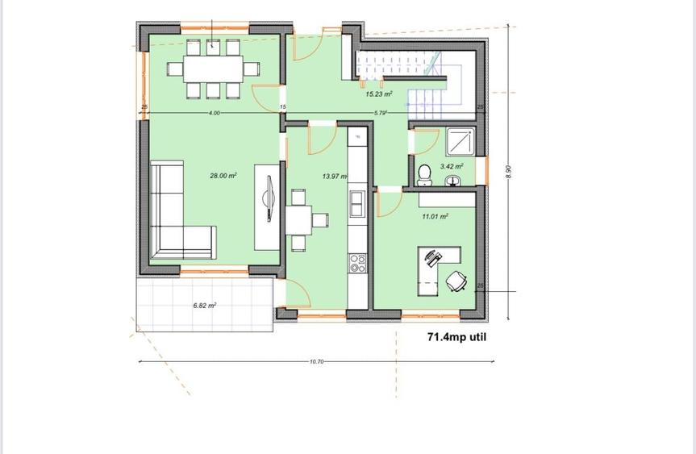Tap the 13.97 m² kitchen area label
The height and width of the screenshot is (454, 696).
tap(334, 176)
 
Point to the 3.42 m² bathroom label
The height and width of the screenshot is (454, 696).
tap(452, 167)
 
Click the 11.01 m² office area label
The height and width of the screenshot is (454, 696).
tap(435, 216)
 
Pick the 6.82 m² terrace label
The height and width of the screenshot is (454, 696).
tap(204, 306)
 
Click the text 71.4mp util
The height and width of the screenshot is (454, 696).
tap(456, 338)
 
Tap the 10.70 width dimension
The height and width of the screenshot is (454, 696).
tap(316, 362)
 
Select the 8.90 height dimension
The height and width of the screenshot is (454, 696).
tap(508, 173)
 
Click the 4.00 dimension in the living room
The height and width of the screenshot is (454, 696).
tap(214, 113)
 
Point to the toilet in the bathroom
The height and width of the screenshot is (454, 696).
tap(425, 175)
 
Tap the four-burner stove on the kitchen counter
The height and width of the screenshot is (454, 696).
tap(356, 261)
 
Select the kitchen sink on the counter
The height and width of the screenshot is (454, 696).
tap(356, 202)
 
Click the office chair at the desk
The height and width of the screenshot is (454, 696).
tap(456, 281)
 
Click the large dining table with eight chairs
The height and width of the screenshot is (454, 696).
tap(213, 69)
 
